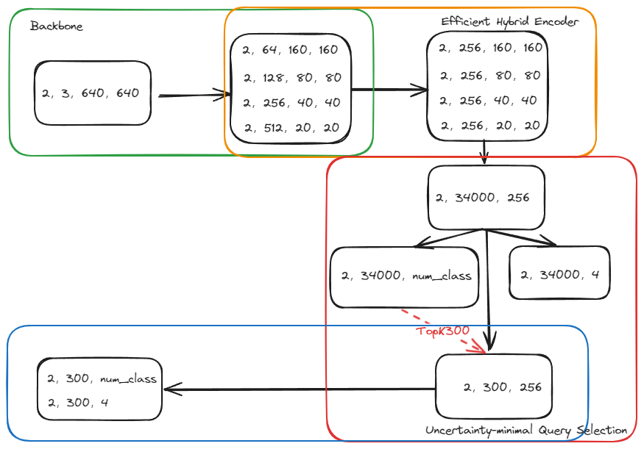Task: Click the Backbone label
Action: click(x=57, y=26)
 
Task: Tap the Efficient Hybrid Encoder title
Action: click(x=509, y=21)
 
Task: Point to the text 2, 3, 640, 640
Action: click(x=91, y=93)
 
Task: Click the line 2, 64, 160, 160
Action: click(x=290, y=50)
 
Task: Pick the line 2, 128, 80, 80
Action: click(x=292, y=77)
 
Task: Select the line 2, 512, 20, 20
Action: click(x=291, y=127)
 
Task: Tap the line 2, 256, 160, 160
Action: click(x=490, y=48)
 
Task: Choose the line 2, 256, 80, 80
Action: click(x=490, y=75)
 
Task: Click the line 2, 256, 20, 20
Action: click(x=489, y=126)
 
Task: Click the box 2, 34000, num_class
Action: click(x=406, y=276)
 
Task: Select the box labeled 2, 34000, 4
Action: click(x=559, y=276)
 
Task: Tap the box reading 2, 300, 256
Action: click(x=503, y=387)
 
